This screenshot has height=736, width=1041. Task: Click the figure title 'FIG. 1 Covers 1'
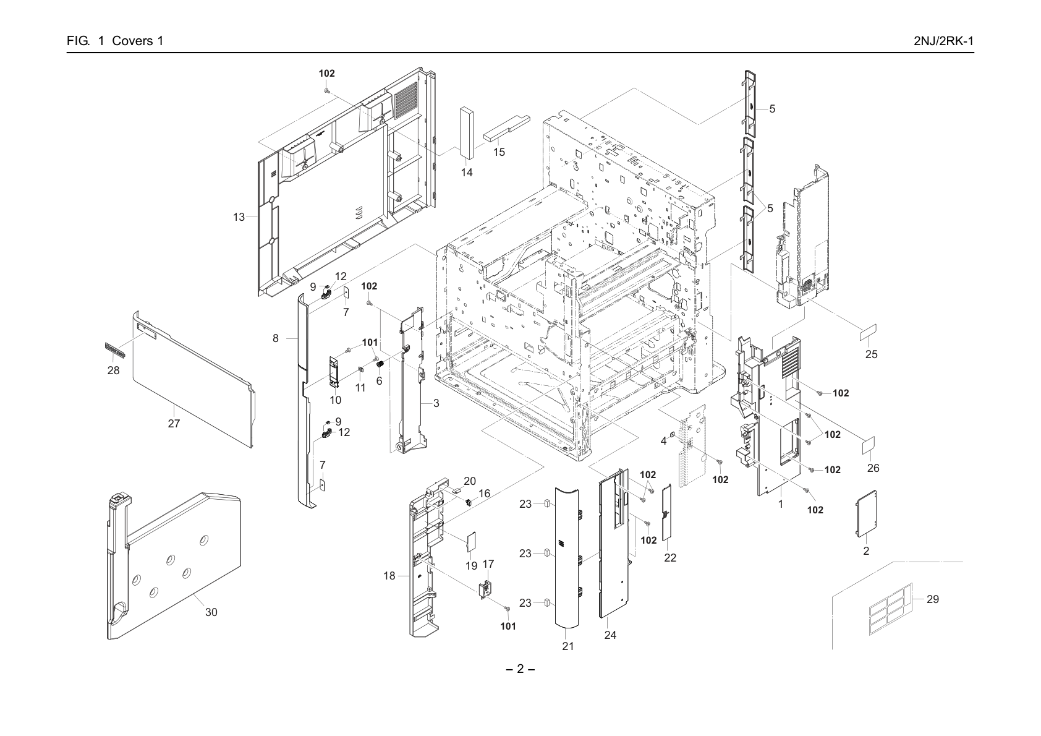[115, 41]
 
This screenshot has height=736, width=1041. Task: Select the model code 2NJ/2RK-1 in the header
[943, 41]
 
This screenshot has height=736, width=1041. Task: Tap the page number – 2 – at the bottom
[520, 669]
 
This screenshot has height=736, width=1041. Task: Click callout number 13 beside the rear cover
[239, 217]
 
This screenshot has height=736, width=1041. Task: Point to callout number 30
[211, 612]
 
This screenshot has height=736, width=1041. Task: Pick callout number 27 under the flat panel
[174, 424]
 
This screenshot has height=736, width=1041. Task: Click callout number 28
[113, 370]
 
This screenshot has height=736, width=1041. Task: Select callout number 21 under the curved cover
[568, 646]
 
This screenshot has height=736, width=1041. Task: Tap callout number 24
[610, 635]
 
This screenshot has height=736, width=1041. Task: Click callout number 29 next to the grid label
[933, 599]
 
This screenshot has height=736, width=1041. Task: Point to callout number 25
[872, 354]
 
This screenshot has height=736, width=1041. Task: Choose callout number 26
[873, 468]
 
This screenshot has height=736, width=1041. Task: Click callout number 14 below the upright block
[467, 173]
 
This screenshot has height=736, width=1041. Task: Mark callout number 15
[499, 153]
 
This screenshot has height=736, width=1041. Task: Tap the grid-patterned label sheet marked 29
[891, 609]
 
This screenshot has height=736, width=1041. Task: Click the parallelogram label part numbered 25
[868, 332]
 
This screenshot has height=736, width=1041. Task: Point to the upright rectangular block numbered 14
[467, 132]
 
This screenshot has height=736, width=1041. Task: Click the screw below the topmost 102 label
[327, 89]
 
